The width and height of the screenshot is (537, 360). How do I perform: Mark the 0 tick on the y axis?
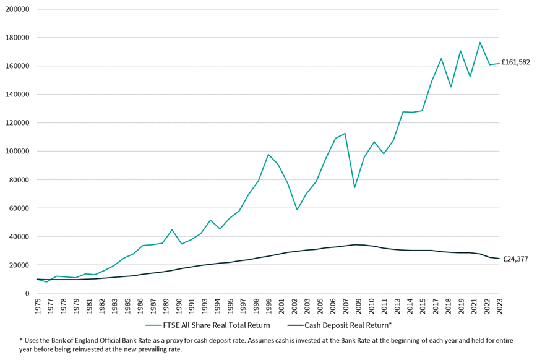[27, 294]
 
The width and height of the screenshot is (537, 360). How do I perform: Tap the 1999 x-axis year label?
[268, 307]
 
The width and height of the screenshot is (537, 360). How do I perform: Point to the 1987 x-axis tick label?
[153, 307]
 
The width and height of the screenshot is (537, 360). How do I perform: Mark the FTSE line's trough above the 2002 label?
[297, 210]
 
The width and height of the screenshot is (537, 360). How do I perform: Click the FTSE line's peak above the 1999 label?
[268, 155]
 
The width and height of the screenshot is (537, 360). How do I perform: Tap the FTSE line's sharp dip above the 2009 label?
[354, 187]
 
